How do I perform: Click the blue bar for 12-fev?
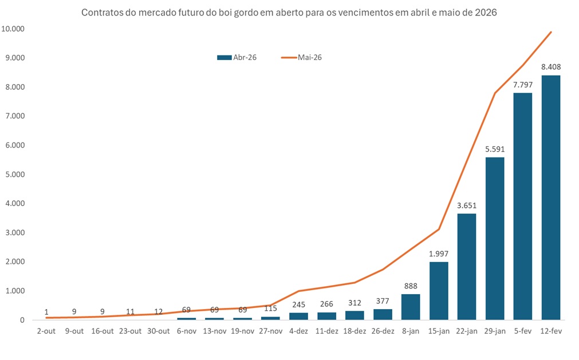click(550, 197)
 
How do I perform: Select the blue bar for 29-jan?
click(495, 239)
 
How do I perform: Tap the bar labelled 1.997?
click(439, 291)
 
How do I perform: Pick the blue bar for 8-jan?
click(411, 307)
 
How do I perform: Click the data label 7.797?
click(522, 85)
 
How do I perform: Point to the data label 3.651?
click(467, 205)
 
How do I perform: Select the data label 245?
click(298, 304)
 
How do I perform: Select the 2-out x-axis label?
click(46, 331)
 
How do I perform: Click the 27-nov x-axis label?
click(270, 331)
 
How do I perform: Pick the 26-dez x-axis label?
click(383, 331)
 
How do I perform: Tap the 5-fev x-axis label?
click(522, 331)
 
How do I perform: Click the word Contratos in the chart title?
click(100, 12)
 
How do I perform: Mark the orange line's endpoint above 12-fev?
click(551, 32)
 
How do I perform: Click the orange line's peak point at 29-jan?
click(495, 93)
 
